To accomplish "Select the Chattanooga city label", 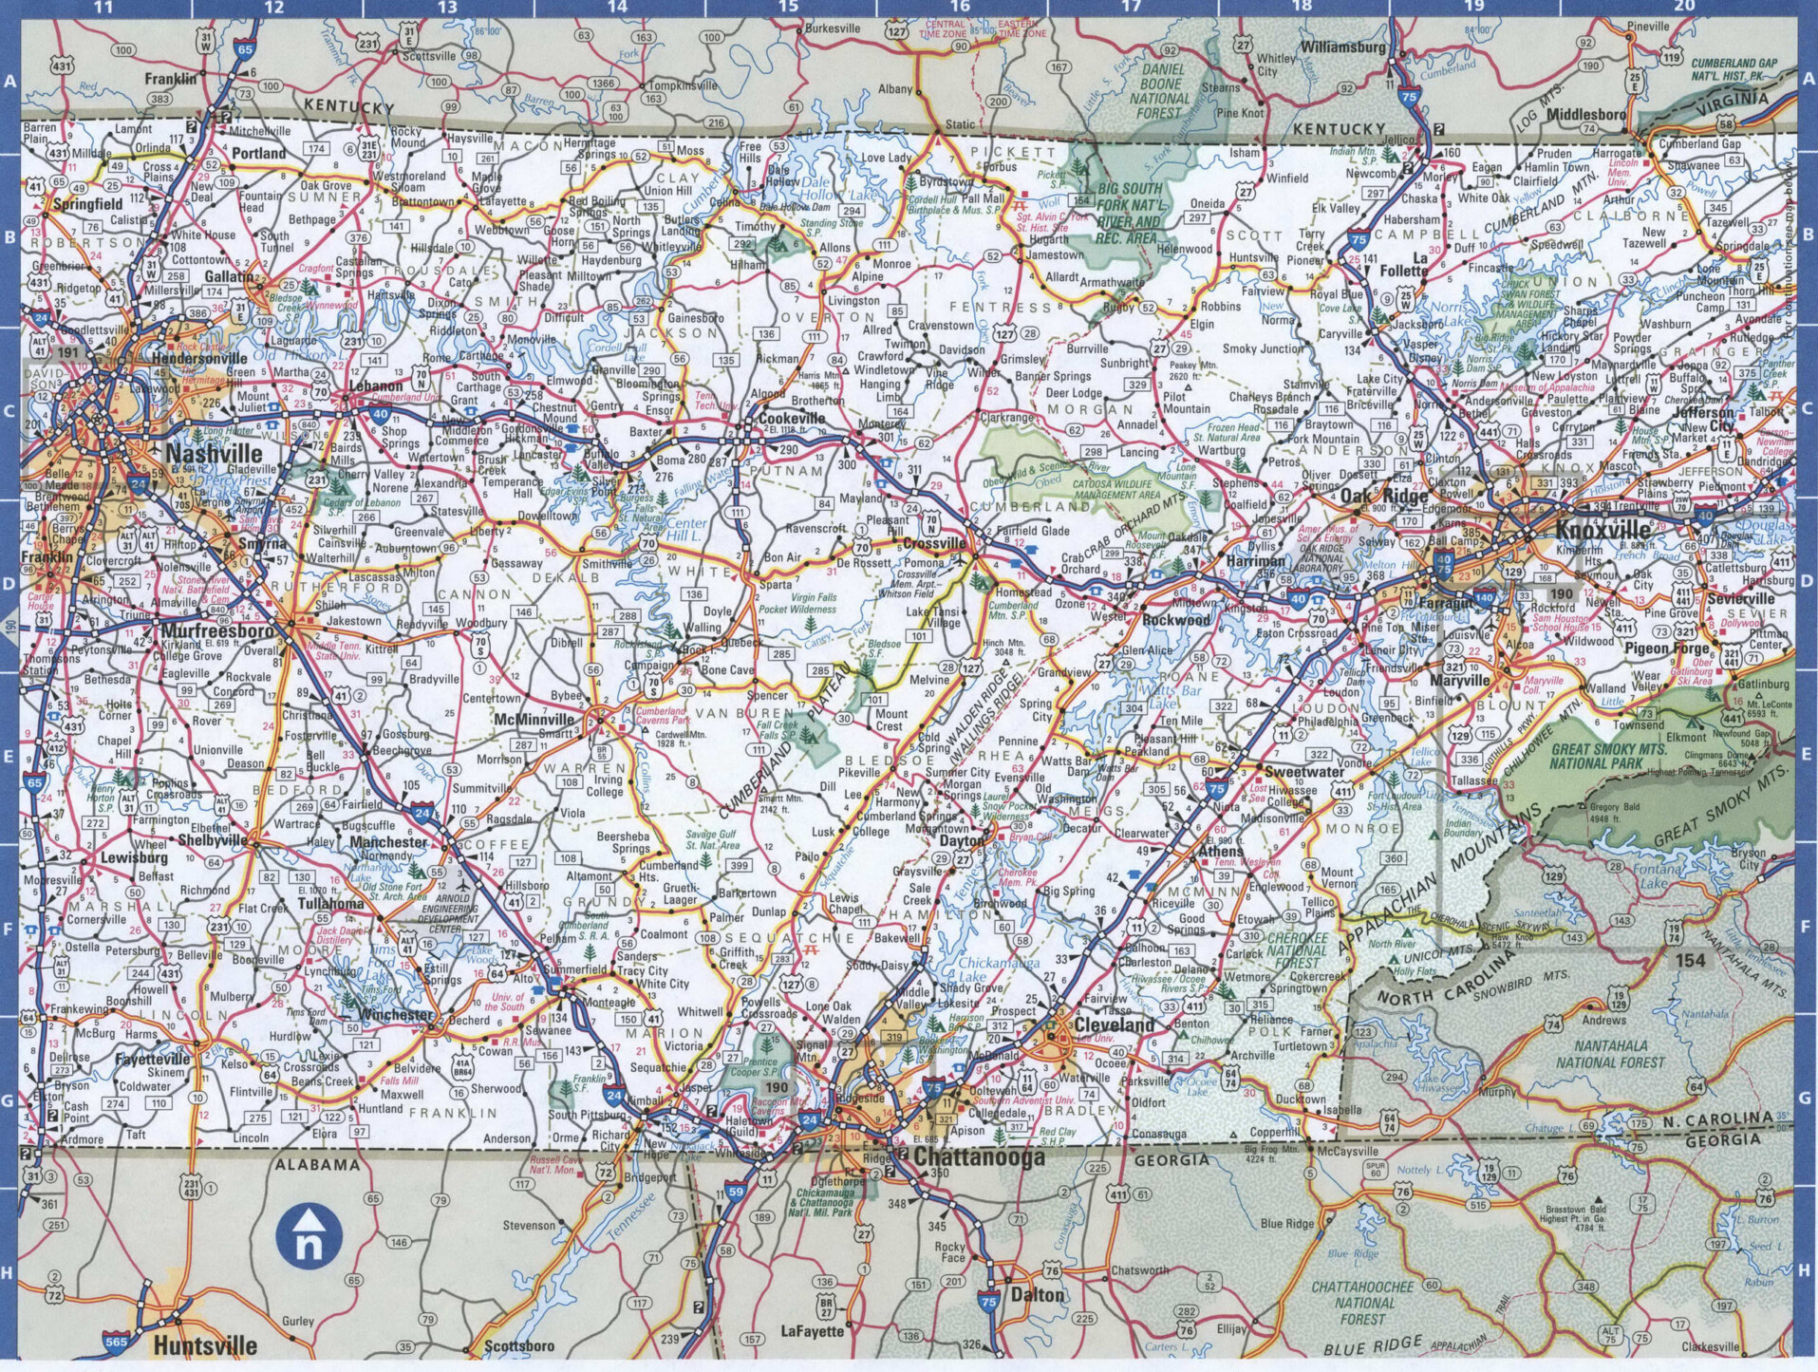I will coord(979,1156).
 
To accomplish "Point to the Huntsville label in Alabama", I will coord(205,1345).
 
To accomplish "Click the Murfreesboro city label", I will coord(217,630).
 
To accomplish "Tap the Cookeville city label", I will coord(792,418).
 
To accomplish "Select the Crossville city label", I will coord(933,544).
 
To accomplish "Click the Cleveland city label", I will coord(1115,1025).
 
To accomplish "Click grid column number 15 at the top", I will coord(789,7).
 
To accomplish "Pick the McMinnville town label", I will coord(534,719).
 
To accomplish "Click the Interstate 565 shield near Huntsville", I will coord(116,1342).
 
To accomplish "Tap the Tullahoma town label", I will coord(329,903).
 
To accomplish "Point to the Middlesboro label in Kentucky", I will coord(1585,114).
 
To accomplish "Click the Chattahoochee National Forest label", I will coord(1362,1302).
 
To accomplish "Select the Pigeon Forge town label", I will coord(1666,648).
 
